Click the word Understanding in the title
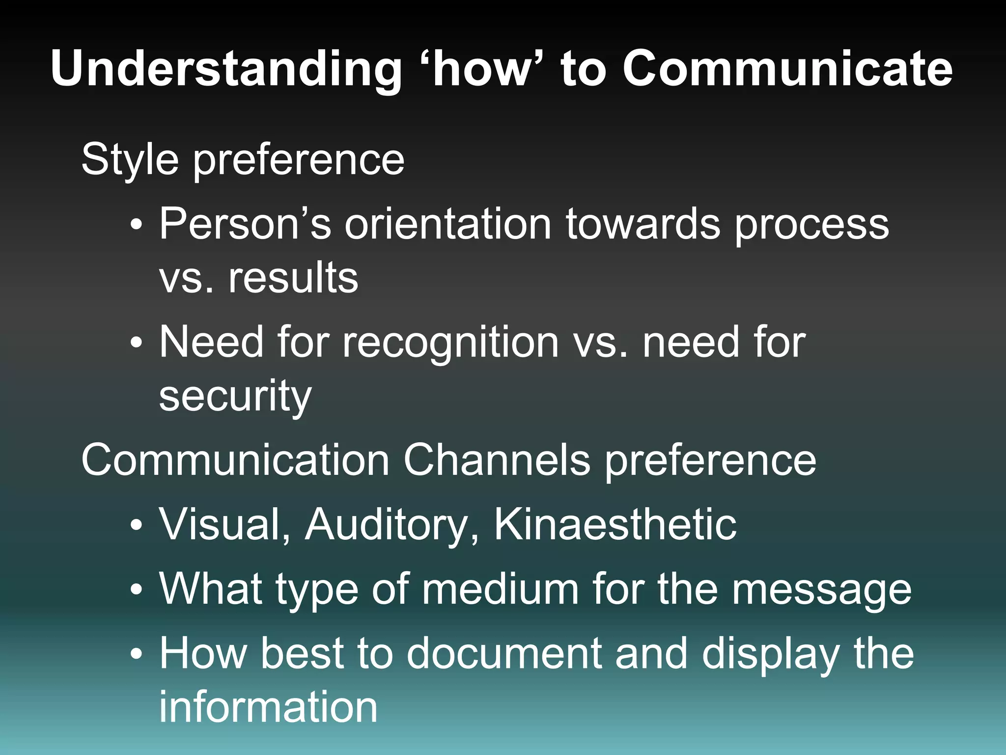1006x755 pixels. tap(226, 69)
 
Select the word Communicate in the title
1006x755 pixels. tap(787, 69)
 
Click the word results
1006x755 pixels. tap(293, 277)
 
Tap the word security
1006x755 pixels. tap(235, 396)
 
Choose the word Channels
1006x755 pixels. tap(497, 460)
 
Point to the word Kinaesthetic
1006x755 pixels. tap(615, 524)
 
